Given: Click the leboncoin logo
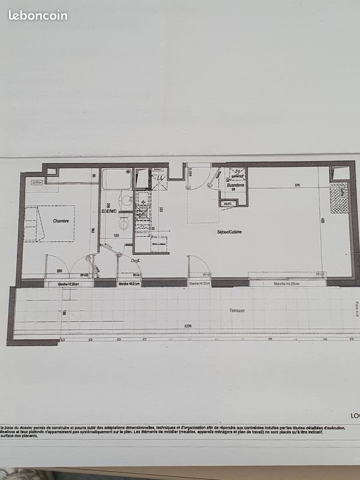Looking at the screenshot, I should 38,16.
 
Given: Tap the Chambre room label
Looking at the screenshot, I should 60,221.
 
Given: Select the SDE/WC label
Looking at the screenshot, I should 109,211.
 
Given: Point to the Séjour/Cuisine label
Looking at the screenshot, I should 229,232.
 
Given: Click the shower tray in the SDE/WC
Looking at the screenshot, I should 116,179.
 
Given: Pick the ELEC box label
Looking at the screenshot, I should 228,204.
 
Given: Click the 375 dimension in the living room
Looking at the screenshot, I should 298,185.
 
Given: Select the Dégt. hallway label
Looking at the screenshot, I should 128,260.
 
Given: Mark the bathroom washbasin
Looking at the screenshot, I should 126,201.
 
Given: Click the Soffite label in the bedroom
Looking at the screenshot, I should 37,182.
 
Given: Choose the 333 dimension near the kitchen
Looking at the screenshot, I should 161,209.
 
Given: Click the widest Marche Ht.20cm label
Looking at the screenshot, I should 287,283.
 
